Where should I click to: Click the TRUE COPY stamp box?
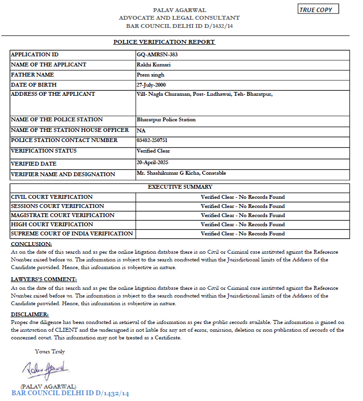tap(318, 9)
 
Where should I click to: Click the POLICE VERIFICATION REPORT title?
tap(164, 42)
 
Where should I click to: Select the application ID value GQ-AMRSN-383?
tap(157, 54)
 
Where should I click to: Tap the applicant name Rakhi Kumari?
tap(154, 65)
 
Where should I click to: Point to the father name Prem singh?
tap(150, 75)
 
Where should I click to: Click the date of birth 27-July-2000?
tap(154, 85)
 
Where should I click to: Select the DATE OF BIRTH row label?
tap(33, 85)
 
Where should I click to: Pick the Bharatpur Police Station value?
tap(166, 119)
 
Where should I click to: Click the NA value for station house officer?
tap(141, 130)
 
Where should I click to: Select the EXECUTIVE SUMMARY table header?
tap(180, 187)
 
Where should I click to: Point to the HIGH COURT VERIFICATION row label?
tap(52, 224)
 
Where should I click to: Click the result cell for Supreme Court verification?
tap(243, 233)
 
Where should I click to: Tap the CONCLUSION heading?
tap(31, 244)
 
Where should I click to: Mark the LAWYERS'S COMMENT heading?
tap(44, 279)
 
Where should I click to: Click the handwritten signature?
tap(45, 371)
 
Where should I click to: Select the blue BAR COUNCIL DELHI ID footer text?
tap(70, 393)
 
